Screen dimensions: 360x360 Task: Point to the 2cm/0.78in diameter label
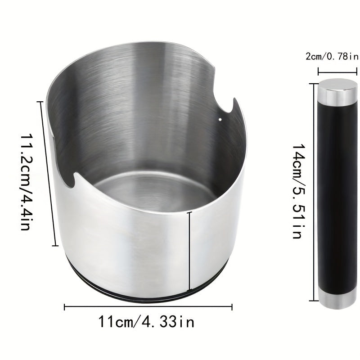click(332, 56)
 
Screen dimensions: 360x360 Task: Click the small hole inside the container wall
click(220, 119)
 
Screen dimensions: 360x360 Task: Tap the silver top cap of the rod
click(338, 91)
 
